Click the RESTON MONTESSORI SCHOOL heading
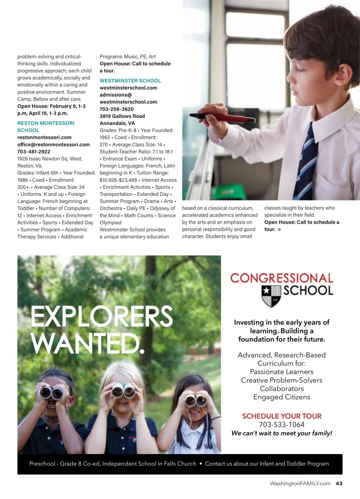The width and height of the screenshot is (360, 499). tap(45, 126)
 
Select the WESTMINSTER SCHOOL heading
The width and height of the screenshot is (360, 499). tap(130, 81)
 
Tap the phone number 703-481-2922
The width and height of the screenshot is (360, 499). tap(34, 152)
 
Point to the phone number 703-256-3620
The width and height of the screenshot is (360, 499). tap(117, 109)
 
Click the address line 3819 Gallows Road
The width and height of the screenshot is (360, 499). tap(122, 116)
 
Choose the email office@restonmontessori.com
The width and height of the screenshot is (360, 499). tap(53, 145)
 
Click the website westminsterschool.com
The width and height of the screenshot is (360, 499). tap(128, 88)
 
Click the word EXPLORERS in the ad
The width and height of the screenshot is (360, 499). tap(102, 317)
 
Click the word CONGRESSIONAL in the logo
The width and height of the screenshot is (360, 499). tap(282, 278)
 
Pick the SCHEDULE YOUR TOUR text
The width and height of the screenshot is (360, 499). tap(282, 416)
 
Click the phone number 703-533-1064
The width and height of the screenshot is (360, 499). tap(282, 425)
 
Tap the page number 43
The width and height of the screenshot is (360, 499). tap(339, 484)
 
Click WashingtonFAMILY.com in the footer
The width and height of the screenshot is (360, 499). tap(300, 484)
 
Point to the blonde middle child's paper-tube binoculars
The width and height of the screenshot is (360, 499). tap(124, 390)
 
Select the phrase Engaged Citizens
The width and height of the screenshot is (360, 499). tap(282, 397)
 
